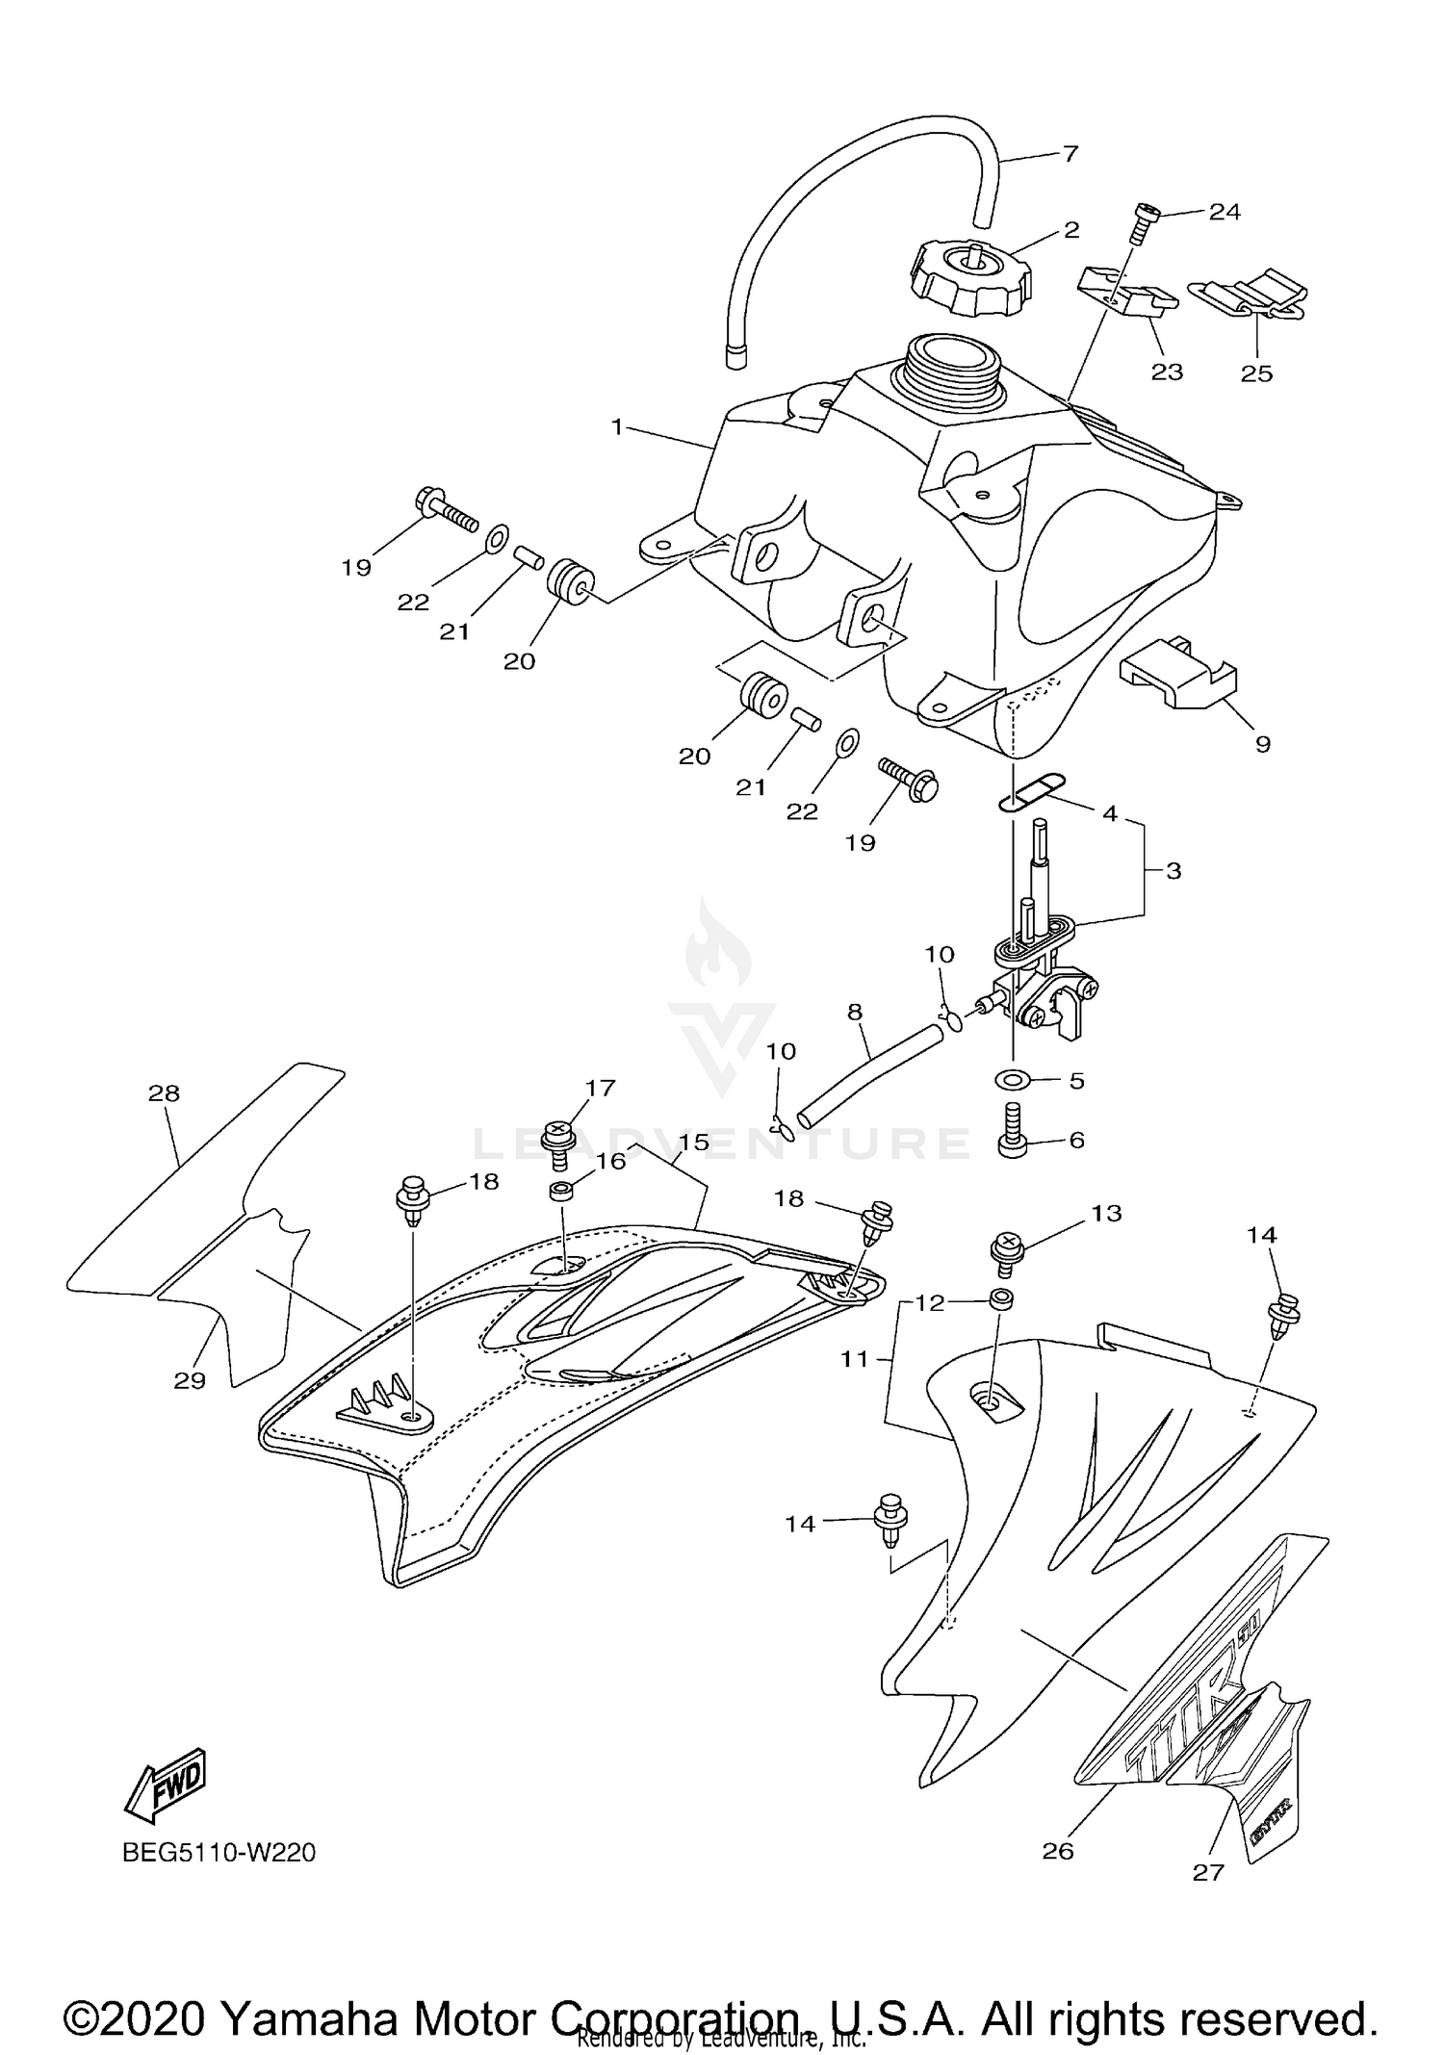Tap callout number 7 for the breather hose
1070,153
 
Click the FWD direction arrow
167,1785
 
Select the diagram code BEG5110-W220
219,1852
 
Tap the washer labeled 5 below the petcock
1014,1080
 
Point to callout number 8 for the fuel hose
855,1012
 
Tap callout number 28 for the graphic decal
165,1092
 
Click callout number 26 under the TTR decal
1057,1850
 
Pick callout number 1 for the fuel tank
617,425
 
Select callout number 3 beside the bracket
1173,871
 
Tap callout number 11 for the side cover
854,1359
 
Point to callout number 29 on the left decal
190,1380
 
